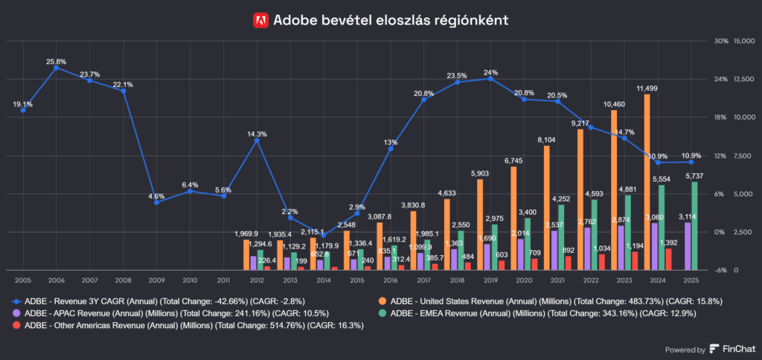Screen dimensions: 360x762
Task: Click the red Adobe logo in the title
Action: coord(260,20)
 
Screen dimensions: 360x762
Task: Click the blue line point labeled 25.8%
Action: coord(56,68)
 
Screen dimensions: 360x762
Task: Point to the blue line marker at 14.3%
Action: coord(257,141)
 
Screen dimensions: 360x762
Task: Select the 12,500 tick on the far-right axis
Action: coord(744,79)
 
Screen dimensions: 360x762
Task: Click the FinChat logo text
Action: coord(732,349)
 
